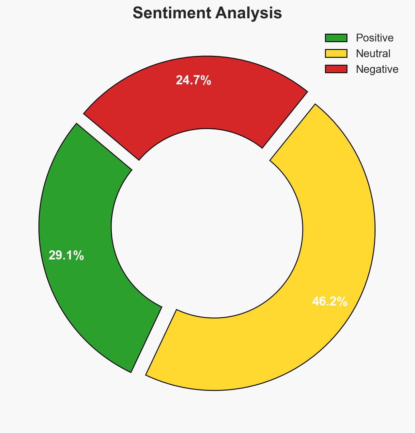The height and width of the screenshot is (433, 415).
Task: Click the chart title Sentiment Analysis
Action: click(x=207, y=13)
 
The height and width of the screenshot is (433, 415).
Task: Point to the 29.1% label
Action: click(x=66, y=256)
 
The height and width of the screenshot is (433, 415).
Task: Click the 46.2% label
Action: click(x=330, y=301)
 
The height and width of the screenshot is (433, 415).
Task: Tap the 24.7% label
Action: click(x=193, y=80)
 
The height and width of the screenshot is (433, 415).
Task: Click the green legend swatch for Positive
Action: click(x=336, y=38)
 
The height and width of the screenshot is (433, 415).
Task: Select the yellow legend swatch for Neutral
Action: click(x=336, y=53)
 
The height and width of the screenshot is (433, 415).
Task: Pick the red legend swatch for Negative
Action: click(x=336, y=69)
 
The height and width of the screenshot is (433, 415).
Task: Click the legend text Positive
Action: click(x=375, y=38)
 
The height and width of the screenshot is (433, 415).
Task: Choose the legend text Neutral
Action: click(x=373, y=53)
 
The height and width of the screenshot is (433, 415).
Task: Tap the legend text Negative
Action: click(x=377, y=69)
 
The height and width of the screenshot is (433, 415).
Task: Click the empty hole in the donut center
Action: click(x=207, y=225)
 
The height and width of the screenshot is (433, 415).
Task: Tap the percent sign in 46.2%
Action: click(x=342, y=301)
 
